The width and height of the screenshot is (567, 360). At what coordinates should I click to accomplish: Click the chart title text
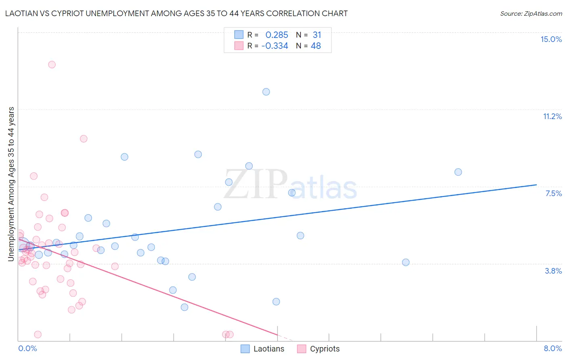tap(176, 14)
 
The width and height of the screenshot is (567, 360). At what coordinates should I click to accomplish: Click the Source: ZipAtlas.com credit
tap(531, 14)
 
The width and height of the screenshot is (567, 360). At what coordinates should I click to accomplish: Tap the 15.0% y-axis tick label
tap(551, 39)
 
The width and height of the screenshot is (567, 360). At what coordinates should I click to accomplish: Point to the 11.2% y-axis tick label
tap(552, 116)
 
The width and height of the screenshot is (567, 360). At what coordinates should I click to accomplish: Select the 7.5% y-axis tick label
tap(553, 193)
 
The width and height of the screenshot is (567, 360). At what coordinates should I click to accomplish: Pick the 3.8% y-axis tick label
tap(553, 271)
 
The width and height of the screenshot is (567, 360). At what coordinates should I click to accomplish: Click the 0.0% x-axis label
tap(27, 348)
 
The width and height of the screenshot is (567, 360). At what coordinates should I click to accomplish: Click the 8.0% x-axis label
tap(552, 348)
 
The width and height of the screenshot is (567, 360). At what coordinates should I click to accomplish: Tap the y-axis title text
tap(11, 184)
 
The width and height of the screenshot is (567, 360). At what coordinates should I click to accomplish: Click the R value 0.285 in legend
tap(277, 35)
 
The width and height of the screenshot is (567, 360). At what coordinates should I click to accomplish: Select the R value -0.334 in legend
tap(275, 46)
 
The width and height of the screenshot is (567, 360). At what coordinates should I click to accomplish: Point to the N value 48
tap(316, 46)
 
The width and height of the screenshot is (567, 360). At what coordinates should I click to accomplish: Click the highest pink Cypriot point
tap(52, 65)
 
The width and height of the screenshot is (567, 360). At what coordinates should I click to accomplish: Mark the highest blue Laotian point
tap(266, 92)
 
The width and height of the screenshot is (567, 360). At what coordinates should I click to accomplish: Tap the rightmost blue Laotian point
tap(458, 172)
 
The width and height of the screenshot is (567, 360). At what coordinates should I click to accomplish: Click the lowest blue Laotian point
tap(184, 307)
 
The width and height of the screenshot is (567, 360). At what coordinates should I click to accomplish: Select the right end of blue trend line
tap(536, 184)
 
